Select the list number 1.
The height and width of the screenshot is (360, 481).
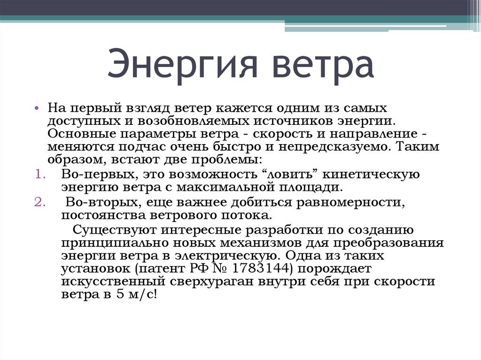(39, 175)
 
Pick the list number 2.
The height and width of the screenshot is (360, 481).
(39, 203)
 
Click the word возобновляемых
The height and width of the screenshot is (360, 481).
(183, 121)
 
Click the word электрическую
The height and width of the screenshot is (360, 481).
(225, 256)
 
